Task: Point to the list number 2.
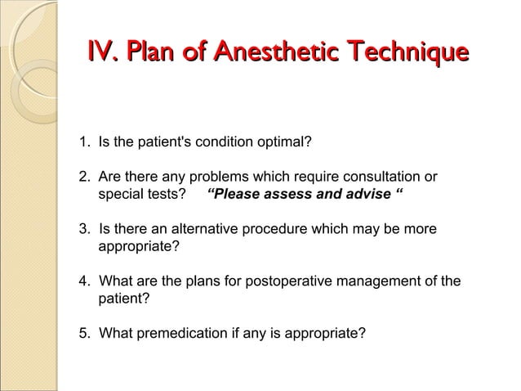(83, 177)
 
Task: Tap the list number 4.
(83, 282)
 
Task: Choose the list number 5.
(83, 334)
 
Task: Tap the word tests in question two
(166, 195)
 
